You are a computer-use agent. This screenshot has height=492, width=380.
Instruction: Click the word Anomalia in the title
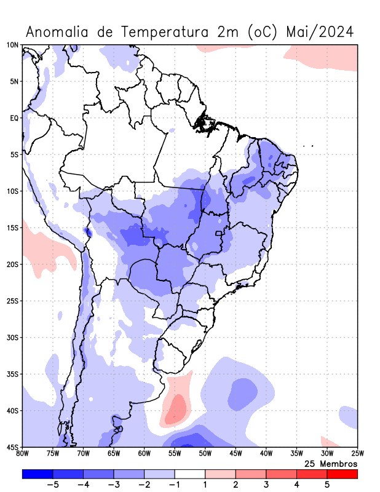tap(58, 32)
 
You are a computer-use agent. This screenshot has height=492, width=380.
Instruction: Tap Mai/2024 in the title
tap(320, 32)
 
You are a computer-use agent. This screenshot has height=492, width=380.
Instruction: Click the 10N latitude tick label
tap(12, 45)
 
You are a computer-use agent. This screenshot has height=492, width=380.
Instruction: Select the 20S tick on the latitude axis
tap(12, 264)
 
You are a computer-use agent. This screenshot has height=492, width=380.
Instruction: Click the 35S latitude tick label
tap(12, 374)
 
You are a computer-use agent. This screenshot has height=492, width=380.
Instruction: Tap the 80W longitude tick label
tap(22, 454)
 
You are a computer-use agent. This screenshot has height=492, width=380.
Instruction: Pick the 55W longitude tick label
tap(175, 454)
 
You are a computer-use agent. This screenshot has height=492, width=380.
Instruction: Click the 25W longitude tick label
tap(357, 454)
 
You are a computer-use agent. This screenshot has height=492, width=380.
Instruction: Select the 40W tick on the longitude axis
tap(266, 454)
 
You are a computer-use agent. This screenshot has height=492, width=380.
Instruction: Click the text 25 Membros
tap(331, 463)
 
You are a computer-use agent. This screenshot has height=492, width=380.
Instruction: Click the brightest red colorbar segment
tap(342, 474)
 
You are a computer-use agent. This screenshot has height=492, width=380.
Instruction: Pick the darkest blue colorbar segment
tap(37, 474)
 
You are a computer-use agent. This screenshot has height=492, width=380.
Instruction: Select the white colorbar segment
tap(189, 474)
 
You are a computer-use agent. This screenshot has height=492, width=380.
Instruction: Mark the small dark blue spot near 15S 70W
tap(88, 232)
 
